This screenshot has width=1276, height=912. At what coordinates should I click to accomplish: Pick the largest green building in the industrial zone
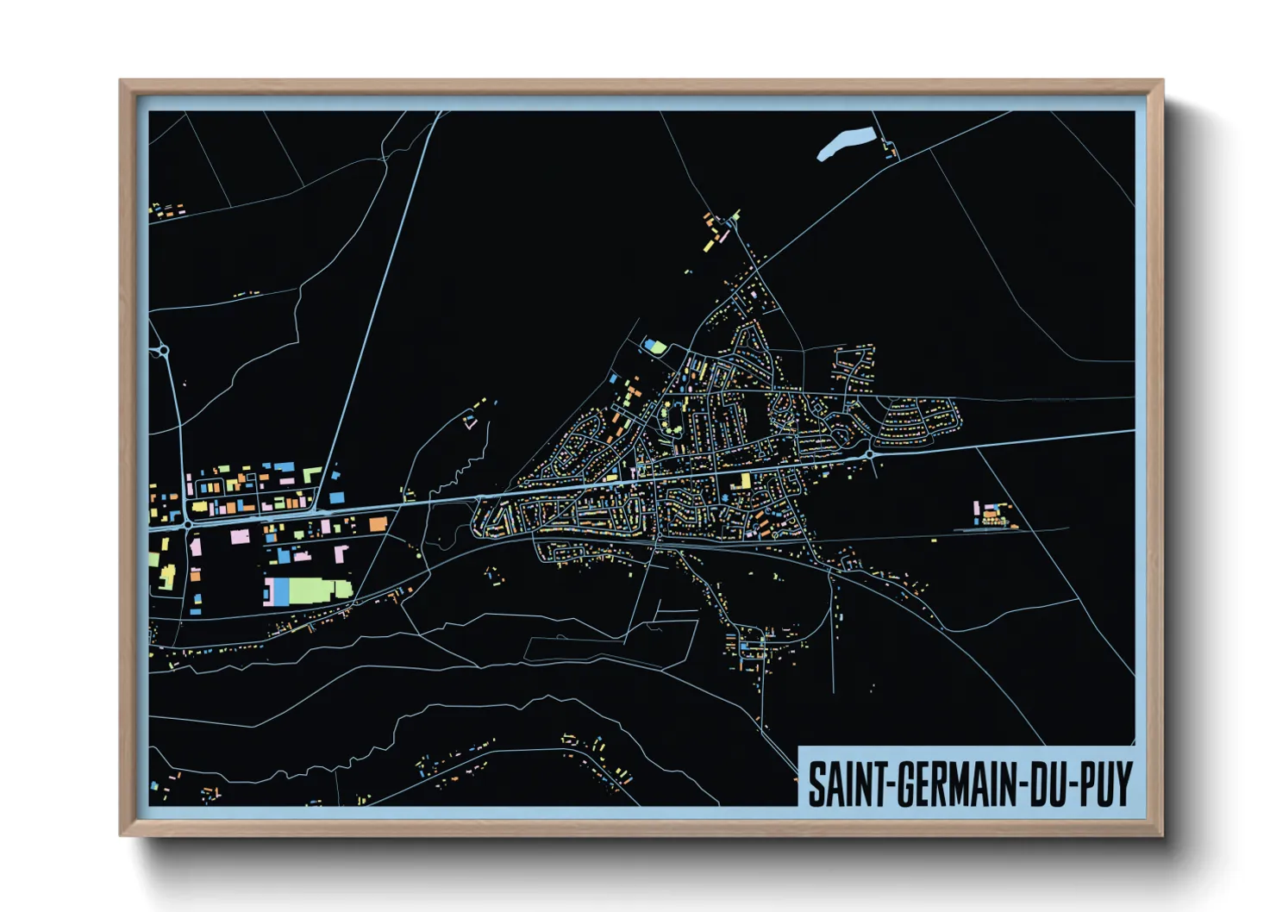point(315,590)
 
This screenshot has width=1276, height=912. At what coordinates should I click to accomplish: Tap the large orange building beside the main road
point(378,523)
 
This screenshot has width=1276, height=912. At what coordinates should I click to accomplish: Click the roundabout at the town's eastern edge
point(870,453)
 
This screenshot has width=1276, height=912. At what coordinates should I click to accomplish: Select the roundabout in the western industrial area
point(187,523)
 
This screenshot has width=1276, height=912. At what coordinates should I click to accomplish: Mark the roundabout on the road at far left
point(161,351)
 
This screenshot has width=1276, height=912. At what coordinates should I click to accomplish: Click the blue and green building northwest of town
point(654,347)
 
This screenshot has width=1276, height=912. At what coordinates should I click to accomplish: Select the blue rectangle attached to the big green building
point(281,591)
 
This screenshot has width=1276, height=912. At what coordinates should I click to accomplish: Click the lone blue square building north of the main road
point(336,497)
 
